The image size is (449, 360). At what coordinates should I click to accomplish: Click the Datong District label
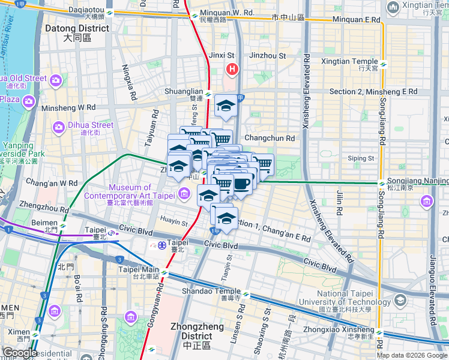point(77,32)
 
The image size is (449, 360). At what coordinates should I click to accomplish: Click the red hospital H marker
point(232,70)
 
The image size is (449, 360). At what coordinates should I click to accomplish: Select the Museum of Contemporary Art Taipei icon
point(184,193)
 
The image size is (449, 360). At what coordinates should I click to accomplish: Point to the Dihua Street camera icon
point(58,126)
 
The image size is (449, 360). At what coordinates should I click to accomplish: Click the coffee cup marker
point(241,184)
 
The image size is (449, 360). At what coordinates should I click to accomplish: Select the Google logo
point(20,352)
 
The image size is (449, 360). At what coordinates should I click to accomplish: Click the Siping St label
point(361,158)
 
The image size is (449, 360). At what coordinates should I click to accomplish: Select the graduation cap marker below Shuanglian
point(225,106)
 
